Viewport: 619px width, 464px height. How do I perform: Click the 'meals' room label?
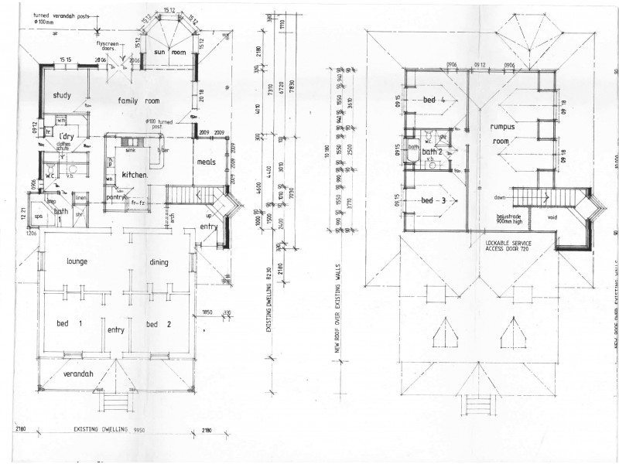tap(205, 162)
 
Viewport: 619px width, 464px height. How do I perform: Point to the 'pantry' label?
tap(116, 197)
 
